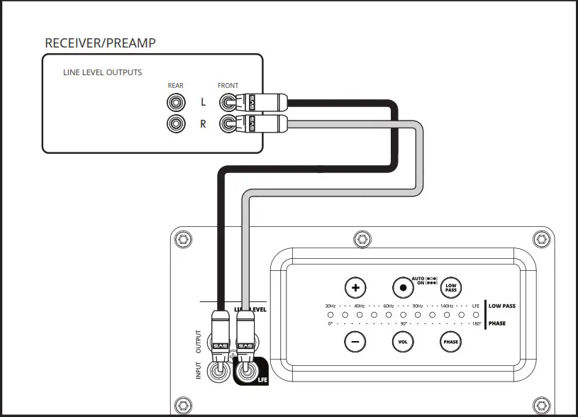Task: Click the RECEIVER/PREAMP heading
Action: click(x=100, y=43)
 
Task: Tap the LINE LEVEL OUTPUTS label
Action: click(x=102, y=72)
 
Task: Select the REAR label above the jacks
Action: click(x=175, y=86)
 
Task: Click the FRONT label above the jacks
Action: click(x=228, y=86)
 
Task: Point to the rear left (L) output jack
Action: click(x=175, y=102)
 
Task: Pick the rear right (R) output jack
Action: click(x=175, y=124)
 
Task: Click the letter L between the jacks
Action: click(x=203, y=102)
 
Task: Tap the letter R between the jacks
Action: click(x=203, y=124)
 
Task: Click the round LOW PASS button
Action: click(x=450, y=288)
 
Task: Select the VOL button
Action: click(x=403, y=342)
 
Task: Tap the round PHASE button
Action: click(x=450, y=342)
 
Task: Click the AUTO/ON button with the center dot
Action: click(x=403, y=288)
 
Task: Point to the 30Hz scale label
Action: click(x=330, y=306)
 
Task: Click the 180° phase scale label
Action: click(x=476, y=323)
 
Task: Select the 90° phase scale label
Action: click(x=403, y=323)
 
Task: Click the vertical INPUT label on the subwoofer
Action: click(x=199, y=369)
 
